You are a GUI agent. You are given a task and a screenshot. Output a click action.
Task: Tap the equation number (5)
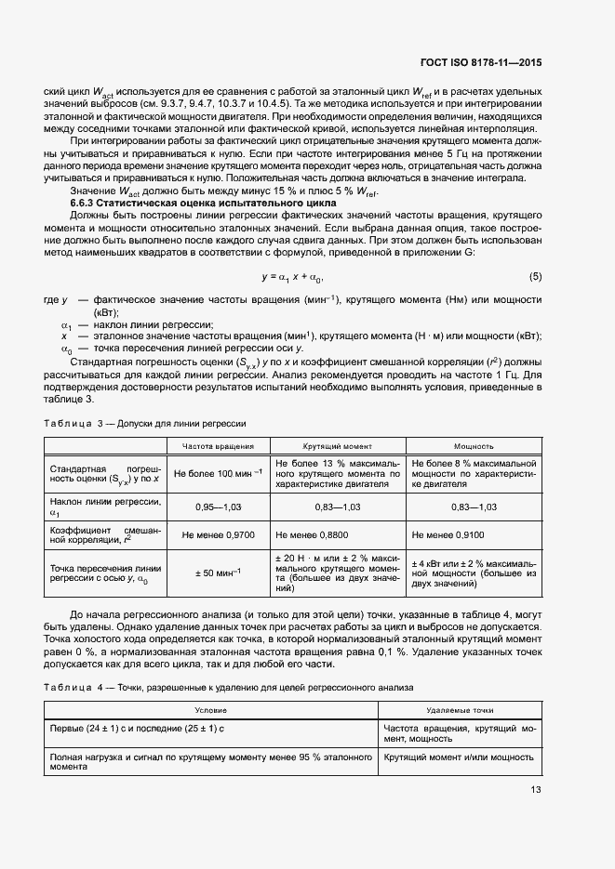pos(535,277)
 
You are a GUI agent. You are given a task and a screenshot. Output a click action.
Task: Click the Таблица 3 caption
pos(145,423)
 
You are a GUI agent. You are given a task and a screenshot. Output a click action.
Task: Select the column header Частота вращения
pos(219,446)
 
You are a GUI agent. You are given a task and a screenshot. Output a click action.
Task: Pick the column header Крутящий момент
pos(336,446)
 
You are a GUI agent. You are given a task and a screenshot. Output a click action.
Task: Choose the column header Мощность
pos(474,446)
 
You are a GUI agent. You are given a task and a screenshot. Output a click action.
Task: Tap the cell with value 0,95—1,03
pos(219,507)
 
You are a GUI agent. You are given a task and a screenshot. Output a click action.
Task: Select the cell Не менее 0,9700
pos(219,534)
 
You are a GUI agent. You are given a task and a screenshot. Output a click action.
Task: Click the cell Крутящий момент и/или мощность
pos(458,757)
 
